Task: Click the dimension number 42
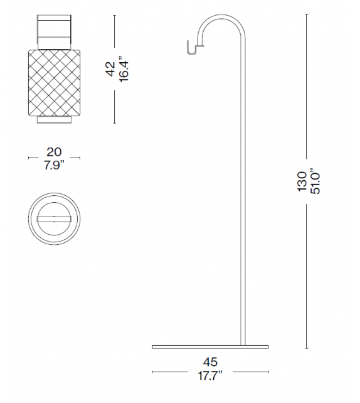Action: pos(110,69)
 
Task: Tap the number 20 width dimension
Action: pos(54,152)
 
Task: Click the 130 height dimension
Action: pos(302,182)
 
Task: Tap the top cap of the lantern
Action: pos(54,31)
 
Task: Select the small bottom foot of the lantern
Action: pos(54,119)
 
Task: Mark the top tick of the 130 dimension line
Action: pos(307,16)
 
